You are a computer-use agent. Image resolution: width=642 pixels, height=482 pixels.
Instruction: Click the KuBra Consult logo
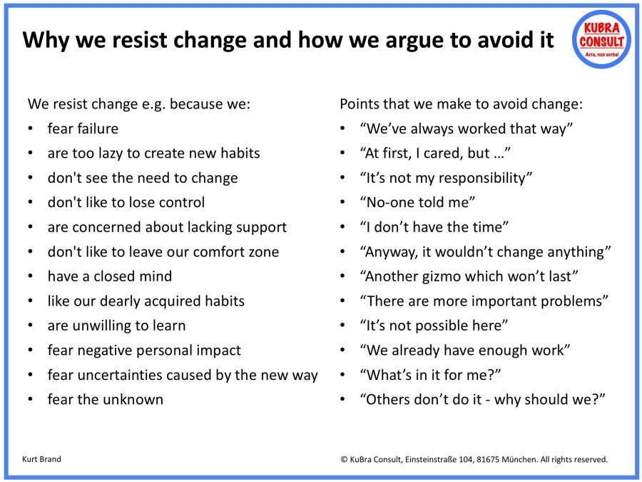pos(601,39)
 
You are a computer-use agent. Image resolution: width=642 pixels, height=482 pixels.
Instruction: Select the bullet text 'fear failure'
pos(83,129)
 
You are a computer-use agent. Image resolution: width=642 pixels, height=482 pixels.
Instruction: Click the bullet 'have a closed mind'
pos(109,276)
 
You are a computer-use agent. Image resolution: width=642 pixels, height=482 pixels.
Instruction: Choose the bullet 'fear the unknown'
pos(105,399)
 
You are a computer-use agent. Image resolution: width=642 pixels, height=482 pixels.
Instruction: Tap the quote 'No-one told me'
pos(418,203)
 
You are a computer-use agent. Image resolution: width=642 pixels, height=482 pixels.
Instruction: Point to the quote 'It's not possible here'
pos(434,326)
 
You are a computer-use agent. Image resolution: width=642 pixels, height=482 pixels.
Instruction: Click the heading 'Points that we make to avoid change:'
pos(461,104)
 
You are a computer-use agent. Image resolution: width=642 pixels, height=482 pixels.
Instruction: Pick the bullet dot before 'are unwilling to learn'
pos(30,326)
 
